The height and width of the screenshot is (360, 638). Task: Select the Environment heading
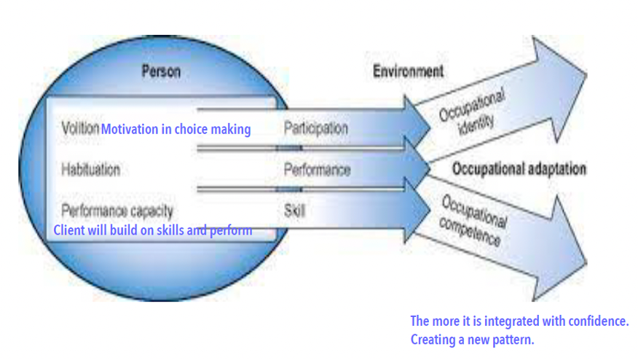(x=408, y=71)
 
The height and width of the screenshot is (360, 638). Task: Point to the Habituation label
(x=91, y=170)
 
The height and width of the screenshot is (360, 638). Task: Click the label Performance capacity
(x=117, y=211)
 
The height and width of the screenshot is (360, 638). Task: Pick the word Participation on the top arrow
(x=315, y=129)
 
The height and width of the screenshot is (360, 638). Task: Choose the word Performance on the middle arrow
(x=317, y=171)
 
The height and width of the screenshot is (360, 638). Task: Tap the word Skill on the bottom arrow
(x=294, y=211)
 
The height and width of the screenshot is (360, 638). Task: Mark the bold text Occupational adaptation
(x=519, y=169)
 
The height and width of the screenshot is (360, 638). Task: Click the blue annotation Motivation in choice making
(x=176, y=130)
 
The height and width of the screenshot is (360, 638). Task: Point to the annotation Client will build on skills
(x=153, y=230)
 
